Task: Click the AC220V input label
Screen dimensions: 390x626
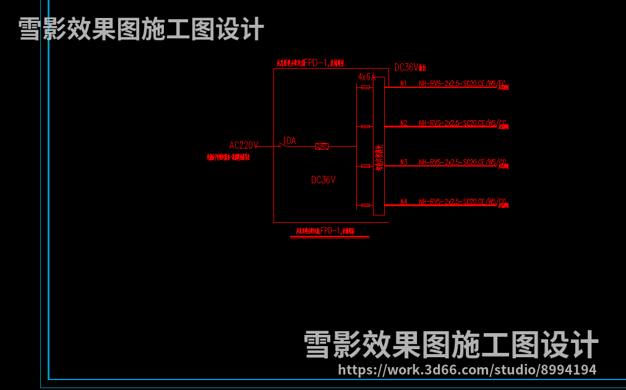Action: click(x=243, y=145)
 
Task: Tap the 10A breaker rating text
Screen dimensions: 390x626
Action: click(x=289, y=141)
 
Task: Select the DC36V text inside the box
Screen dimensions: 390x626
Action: click(x=323, y=180)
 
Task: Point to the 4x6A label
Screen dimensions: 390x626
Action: click(x=367, y=77)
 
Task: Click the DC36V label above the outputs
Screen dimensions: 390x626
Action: click(x=408, y=67)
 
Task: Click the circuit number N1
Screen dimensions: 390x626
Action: click(x=403, y=84)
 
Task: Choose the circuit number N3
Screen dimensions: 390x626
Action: click(x=403, y=162)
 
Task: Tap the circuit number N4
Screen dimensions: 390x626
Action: click(x=403, y=202)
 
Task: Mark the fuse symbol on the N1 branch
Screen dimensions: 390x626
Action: click(x=366, y=87)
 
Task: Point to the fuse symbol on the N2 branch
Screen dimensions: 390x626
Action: click(x=366, y=126)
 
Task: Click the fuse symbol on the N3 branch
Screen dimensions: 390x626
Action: click(x=366, y=166)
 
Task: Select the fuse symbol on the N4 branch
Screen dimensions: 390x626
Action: click(x=366, y=205)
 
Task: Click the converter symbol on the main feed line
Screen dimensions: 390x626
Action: click(x=322, y=146)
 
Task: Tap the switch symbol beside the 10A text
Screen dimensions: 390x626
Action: click(x=280, y=145)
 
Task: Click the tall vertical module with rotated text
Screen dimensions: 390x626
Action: click(x=379, y=146)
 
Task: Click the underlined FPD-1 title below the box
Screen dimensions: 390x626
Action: click(x=330, y=231)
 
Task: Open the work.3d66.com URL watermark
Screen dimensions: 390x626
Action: click(x=468, y=370)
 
